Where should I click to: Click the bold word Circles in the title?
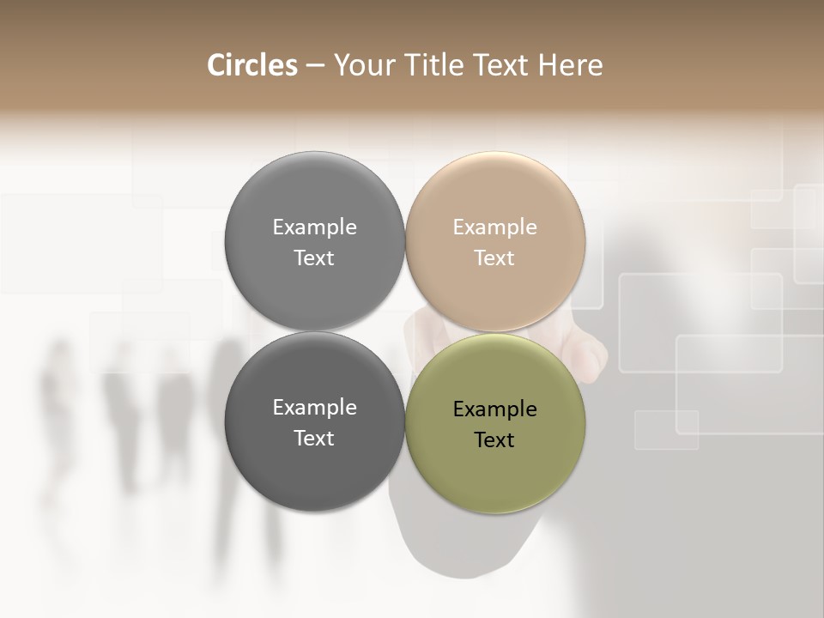click(251, 65)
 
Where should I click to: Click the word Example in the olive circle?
click(494, 409)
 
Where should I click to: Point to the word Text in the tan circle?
click(494, 258)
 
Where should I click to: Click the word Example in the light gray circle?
click(314, 227)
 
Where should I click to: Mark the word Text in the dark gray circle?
click(314, 439)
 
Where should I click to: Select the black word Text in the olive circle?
click(494, 440)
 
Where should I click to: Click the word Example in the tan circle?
click(494, 227)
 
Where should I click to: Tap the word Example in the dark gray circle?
click(314, 408)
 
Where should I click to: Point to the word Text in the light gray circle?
click(314, 258)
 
